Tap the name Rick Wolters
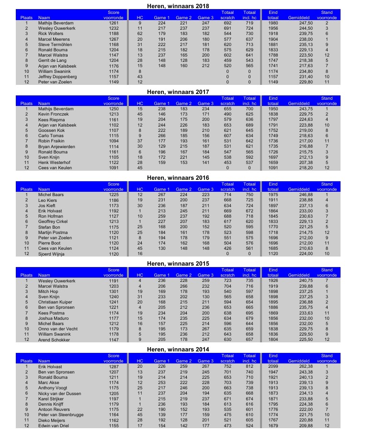(x=51, y=34)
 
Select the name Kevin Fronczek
(x=54, y=114)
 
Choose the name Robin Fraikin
(x=52, y=141)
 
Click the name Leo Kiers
(x=48, y=200)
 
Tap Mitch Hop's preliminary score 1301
(x=114, y=292)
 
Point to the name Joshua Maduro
(x=53, y=318)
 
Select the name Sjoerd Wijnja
(x=52, y=254)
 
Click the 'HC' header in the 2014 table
(x=140, y=361)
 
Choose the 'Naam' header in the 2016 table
(x=44, y=189)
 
